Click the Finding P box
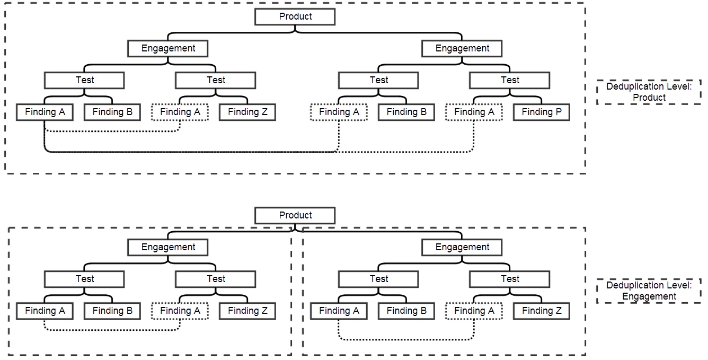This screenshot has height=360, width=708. click(x=541, y=112)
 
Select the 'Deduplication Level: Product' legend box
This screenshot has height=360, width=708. click(x=649, y=92)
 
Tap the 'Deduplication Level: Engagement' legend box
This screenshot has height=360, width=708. click(x=649, y=291)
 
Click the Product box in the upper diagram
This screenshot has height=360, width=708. click(x=295, y=16)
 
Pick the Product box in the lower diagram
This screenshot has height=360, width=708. click(x=295, y=215)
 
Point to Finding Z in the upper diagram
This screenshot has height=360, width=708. click(x=247, y=112)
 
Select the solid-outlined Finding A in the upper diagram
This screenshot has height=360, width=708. click(x=45, y=112)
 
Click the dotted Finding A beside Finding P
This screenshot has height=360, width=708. click(x=474, y=112)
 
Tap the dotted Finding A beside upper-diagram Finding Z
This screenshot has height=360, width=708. click(x=180, y=112)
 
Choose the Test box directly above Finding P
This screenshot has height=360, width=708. click(x=509, y=80)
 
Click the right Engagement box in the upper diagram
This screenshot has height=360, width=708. click(x=462, y=48)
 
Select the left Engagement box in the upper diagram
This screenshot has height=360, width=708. click(x=167, y=48)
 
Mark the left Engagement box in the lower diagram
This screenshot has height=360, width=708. click(x=167, y=247)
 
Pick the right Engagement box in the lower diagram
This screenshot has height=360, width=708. click(x=462, y=247)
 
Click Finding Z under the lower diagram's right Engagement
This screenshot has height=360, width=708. click(x=541, y=311)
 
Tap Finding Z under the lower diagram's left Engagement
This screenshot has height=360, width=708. click(x=247, y=311)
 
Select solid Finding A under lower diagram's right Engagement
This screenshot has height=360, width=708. click(x=339, y=311)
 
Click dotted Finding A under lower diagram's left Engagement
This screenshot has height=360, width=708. click(x=180, y=311)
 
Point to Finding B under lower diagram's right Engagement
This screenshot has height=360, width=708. click(x=406, y=311)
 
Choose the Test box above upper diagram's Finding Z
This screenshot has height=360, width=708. click(x=215, y=80)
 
